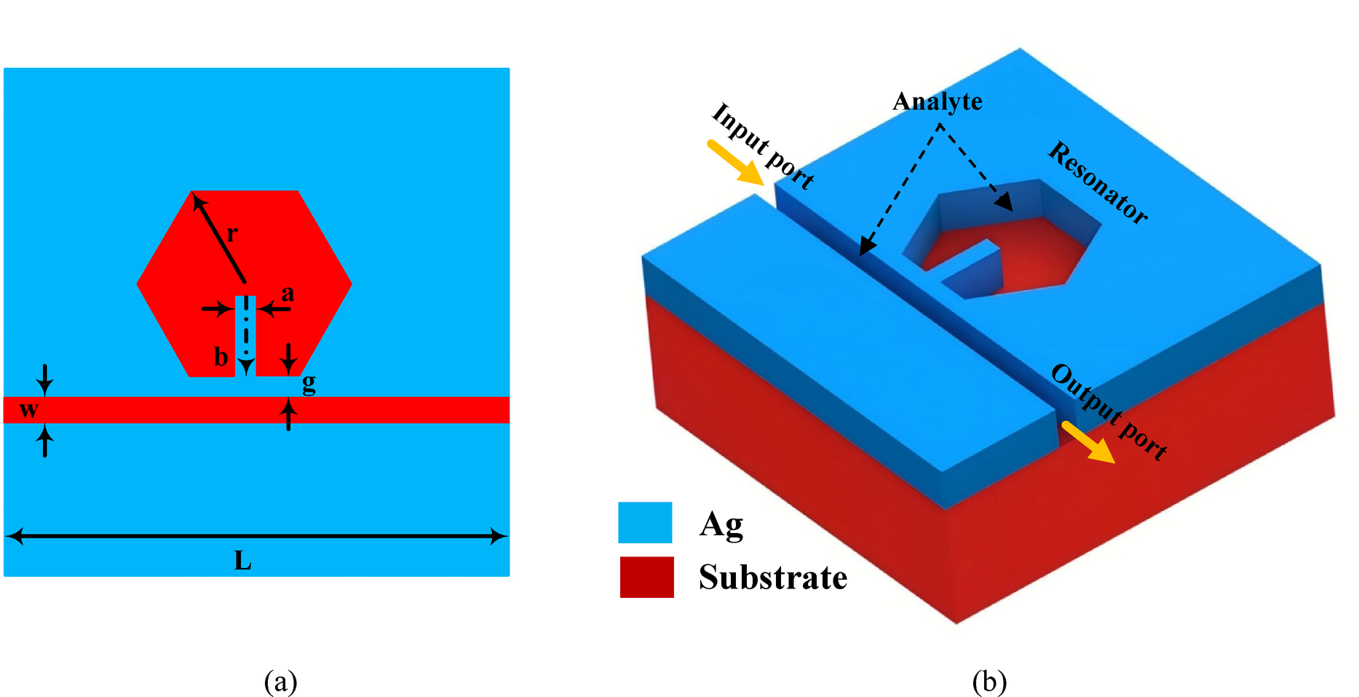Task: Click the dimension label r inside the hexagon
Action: click(232, 235)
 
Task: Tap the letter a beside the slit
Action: click(288, 294)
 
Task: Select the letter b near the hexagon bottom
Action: click(221, 357)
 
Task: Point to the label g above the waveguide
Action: click(309, 384)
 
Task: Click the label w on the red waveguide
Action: click(28, 410)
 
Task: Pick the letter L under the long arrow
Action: click(242, 561)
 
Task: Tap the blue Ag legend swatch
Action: click(645, 522)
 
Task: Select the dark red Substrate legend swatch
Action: click(646, 577)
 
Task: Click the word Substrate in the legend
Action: click(772, 578)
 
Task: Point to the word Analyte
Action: click(937, 101)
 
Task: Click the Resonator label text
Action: click(1098, 182)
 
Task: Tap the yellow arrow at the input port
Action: click(735, 162)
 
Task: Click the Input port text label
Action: click(762, 146)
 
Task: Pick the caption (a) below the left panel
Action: click(280, 682)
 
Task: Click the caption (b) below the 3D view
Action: click(989, 682)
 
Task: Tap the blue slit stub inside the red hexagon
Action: click(245, 335)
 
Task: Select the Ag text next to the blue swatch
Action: click(721, 524)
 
